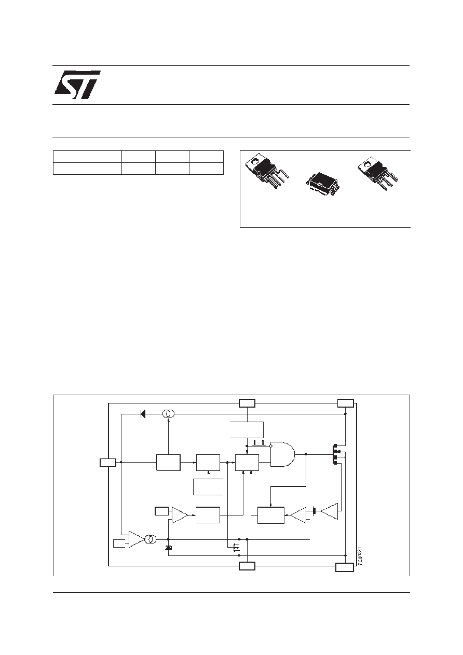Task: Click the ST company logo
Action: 77,85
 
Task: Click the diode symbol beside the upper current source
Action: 143,414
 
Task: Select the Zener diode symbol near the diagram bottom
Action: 168,548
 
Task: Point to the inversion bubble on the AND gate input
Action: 271,446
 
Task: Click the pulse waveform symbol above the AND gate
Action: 260,443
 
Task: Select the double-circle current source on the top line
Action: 168,414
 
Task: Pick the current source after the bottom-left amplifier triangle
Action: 151,539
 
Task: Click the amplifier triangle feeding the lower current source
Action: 137,539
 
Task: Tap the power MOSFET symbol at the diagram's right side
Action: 336,454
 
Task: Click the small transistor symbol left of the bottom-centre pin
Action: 236,546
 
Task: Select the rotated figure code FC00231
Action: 360,556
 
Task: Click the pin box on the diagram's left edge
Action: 108,462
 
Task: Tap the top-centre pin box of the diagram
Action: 247,403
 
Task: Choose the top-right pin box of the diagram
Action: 345,403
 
